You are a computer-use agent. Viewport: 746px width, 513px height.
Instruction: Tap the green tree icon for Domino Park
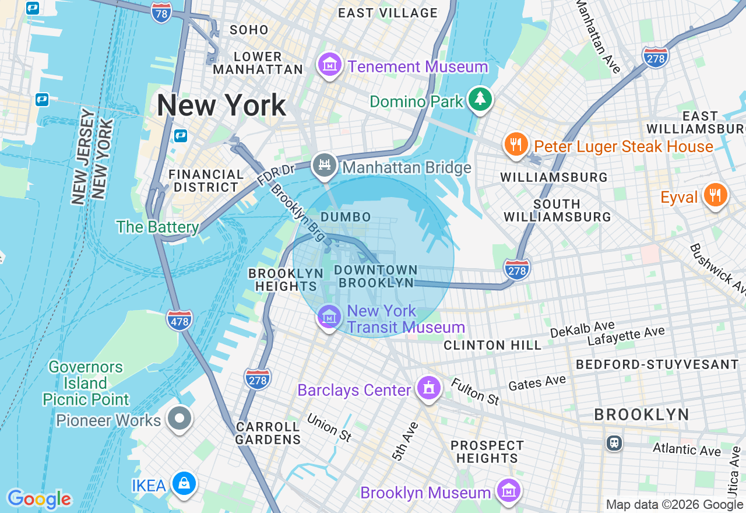[480, 99]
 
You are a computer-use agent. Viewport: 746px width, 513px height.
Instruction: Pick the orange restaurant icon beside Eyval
[715, 195]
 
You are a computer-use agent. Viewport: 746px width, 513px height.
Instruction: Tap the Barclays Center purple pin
[429, 388]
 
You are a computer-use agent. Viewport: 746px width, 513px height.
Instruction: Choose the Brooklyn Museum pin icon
[508, 491]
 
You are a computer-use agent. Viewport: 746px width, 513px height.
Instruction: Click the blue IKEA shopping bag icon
[184, 484]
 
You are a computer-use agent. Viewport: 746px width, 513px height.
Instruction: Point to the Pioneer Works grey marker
[180, 418]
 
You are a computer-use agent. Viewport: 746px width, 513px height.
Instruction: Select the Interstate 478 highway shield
[179, 320]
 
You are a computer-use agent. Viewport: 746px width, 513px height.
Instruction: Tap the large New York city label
[221, 106]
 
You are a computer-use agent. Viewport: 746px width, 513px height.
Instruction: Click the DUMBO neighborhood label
[346, 217]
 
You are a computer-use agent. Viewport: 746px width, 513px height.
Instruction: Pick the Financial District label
[206, 181]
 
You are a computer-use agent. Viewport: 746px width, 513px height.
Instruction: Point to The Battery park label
[157, 226]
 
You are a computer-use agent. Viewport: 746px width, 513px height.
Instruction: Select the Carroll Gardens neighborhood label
[268, 433]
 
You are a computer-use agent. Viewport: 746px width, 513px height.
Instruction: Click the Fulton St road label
[475, 392]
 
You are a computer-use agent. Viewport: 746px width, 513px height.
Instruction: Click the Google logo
[39, 499]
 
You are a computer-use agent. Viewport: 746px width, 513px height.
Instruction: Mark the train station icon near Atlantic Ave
[614, 442]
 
